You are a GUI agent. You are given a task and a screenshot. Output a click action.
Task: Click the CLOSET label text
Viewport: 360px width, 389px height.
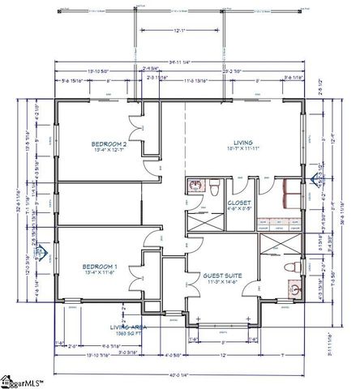pyautogui.click(x=239, y=204)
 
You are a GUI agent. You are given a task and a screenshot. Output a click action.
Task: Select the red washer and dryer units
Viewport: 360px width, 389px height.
pyautogui.click(x=284, y=193)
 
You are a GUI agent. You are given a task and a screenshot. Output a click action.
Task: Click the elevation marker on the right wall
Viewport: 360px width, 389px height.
pyautogui.click(x=314, y=180)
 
